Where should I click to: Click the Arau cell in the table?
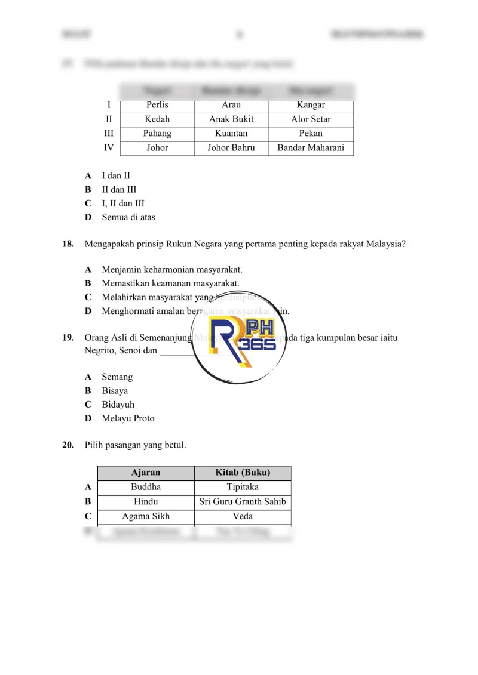[x=231, y=105]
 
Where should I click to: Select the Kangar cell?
[x=311, y=105]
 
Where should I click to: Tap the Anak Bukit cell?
[x=231, y=119]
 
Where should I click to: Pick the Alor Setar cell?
[x=311, y=119]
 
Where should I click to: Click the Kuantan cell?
[x=231, y=134]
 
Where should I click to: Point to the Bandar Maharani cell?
[x=311, y=148]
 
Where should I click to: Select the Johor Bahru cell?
[x=231, y=148]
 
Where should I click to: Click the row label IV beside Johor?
[x=109, y=148]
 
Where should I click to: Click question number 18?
[x=68, y=244]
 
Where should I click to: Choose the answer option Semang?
[x=117, y=377]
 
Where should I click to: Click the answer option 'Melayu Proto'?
[x=128, y=418]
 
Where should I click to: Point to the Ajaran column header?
[x=146, y=473]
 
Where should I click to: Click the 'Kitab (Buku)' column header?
[x=243, y=473]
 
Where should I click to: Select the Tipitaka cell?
[x=243, y=488]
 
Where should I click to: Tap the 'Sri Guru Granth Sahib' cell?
[x=243, y=502]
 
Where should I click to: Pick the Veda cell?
[x=243, y=516]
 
